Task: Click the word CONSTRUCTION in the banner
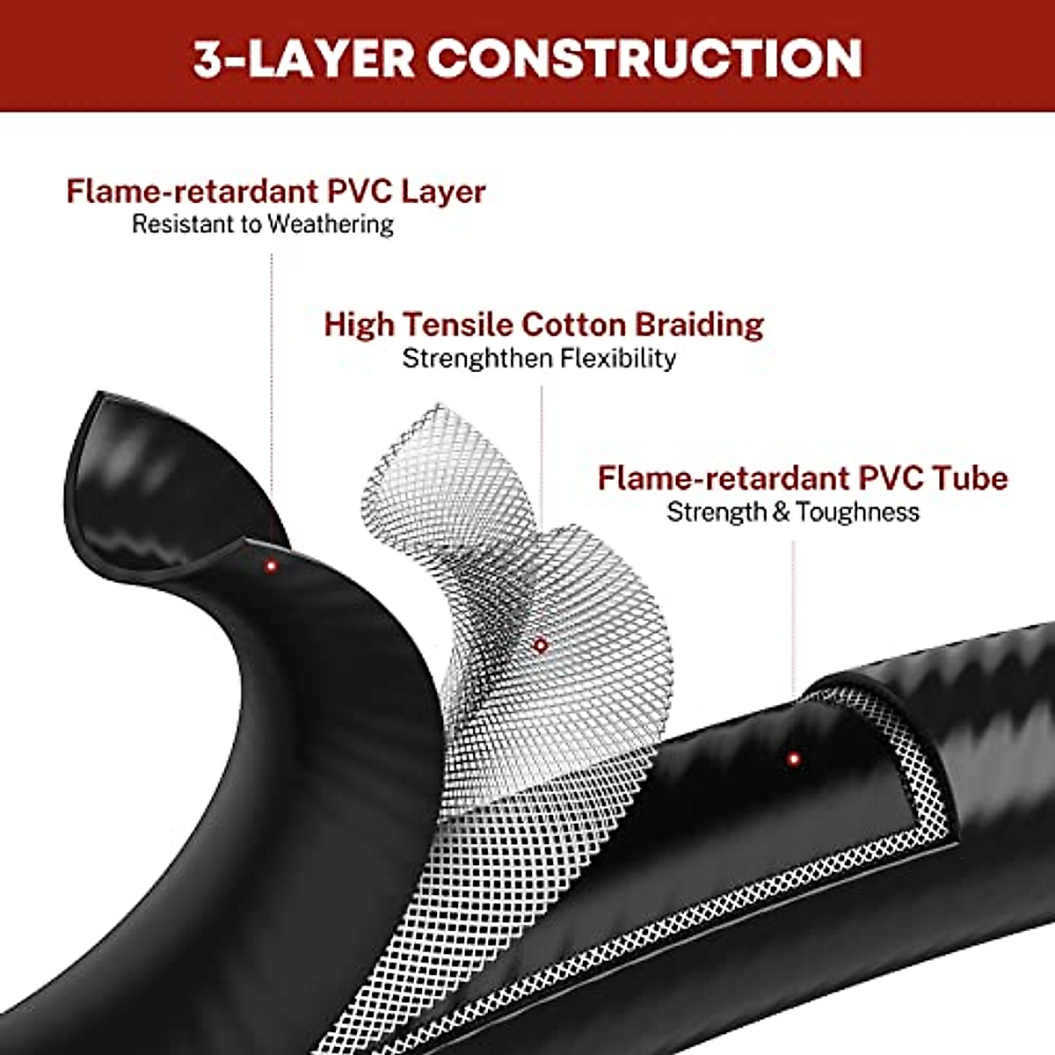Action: coord(644,58)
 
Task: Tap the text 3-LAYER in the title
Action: coord(304,58)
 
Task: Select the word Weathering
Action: coord(330,224)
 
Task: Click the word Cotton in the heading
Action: coord(575,324)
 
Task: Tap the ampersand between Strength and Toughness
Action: coord(781,512)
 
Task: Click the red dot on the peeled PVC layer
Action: coord(272,566)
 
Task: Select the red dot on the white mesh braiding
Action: coord(541,645)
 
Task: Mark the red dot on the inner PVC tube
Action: coord(794,758)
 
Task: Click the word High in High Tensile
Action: coord(360,324)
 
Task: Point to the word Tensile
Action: coord(458,324)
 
